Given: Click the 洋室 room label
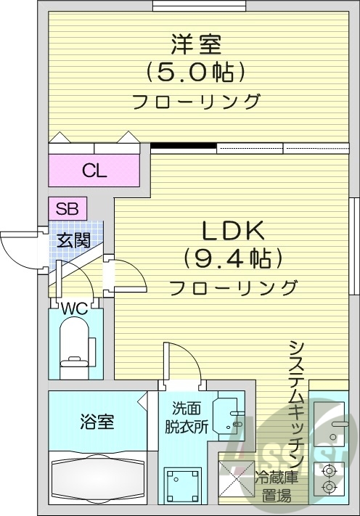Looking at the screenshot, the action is (196, 44).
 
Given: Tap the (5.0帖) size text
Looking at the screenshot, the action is (196, 72).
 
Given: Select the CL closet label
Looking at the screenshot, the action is (94, 171).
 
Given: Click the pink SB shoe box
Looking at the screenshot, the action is (67, 208).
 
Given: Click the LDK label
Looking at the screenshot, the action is (233, 231).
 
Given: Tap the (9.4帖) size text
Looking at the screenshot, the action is (233, 258).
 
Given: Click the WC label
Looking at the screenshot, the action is (75, 308).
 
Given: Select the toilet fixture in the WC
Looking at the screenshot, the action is (75, 348).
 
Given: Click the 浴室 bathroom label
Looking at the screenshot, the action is (97, 422).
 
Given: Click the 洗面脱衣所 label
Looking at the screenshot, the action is (187, 417).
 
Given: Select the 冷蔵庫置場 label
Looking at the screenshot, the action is (277, 486).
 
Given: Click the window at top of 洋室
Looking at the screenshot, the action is (200, 7).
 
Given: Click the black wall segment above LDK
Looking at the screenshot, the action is (184, 146).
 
